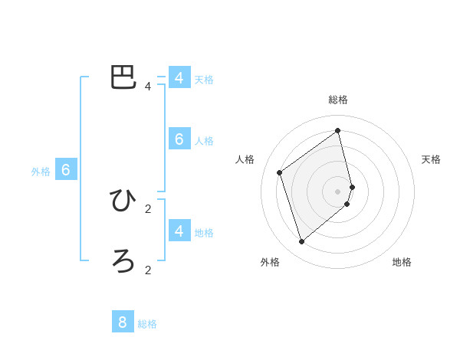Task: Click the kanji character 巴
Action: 123,77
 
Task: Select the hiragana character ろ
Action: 123,261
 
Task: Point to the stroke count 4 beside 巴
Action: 148,87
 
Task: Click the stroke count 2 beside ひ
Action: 148,208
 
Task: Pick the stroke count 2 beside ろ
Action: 148,270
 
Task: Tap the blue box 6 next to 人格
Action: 179,139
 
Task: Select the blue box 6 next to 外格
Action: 65,170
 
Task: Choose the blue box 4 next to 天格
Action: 179,77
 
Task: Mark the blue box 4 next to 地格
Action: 179,230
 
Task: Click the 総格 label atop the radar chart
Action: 338,100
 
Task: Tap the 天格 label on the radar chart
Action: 432,159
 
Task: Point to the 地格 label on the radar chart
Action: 402,262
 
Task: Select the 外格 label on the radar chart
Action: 270,262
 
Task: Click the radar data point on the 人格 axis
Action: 280,172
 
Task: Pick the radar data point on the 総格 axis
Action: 338,130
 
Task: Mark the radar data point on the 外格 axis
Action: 302,241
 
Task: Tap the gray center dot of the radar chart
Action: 338,191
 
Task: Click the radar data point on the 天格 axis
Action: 353,186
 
